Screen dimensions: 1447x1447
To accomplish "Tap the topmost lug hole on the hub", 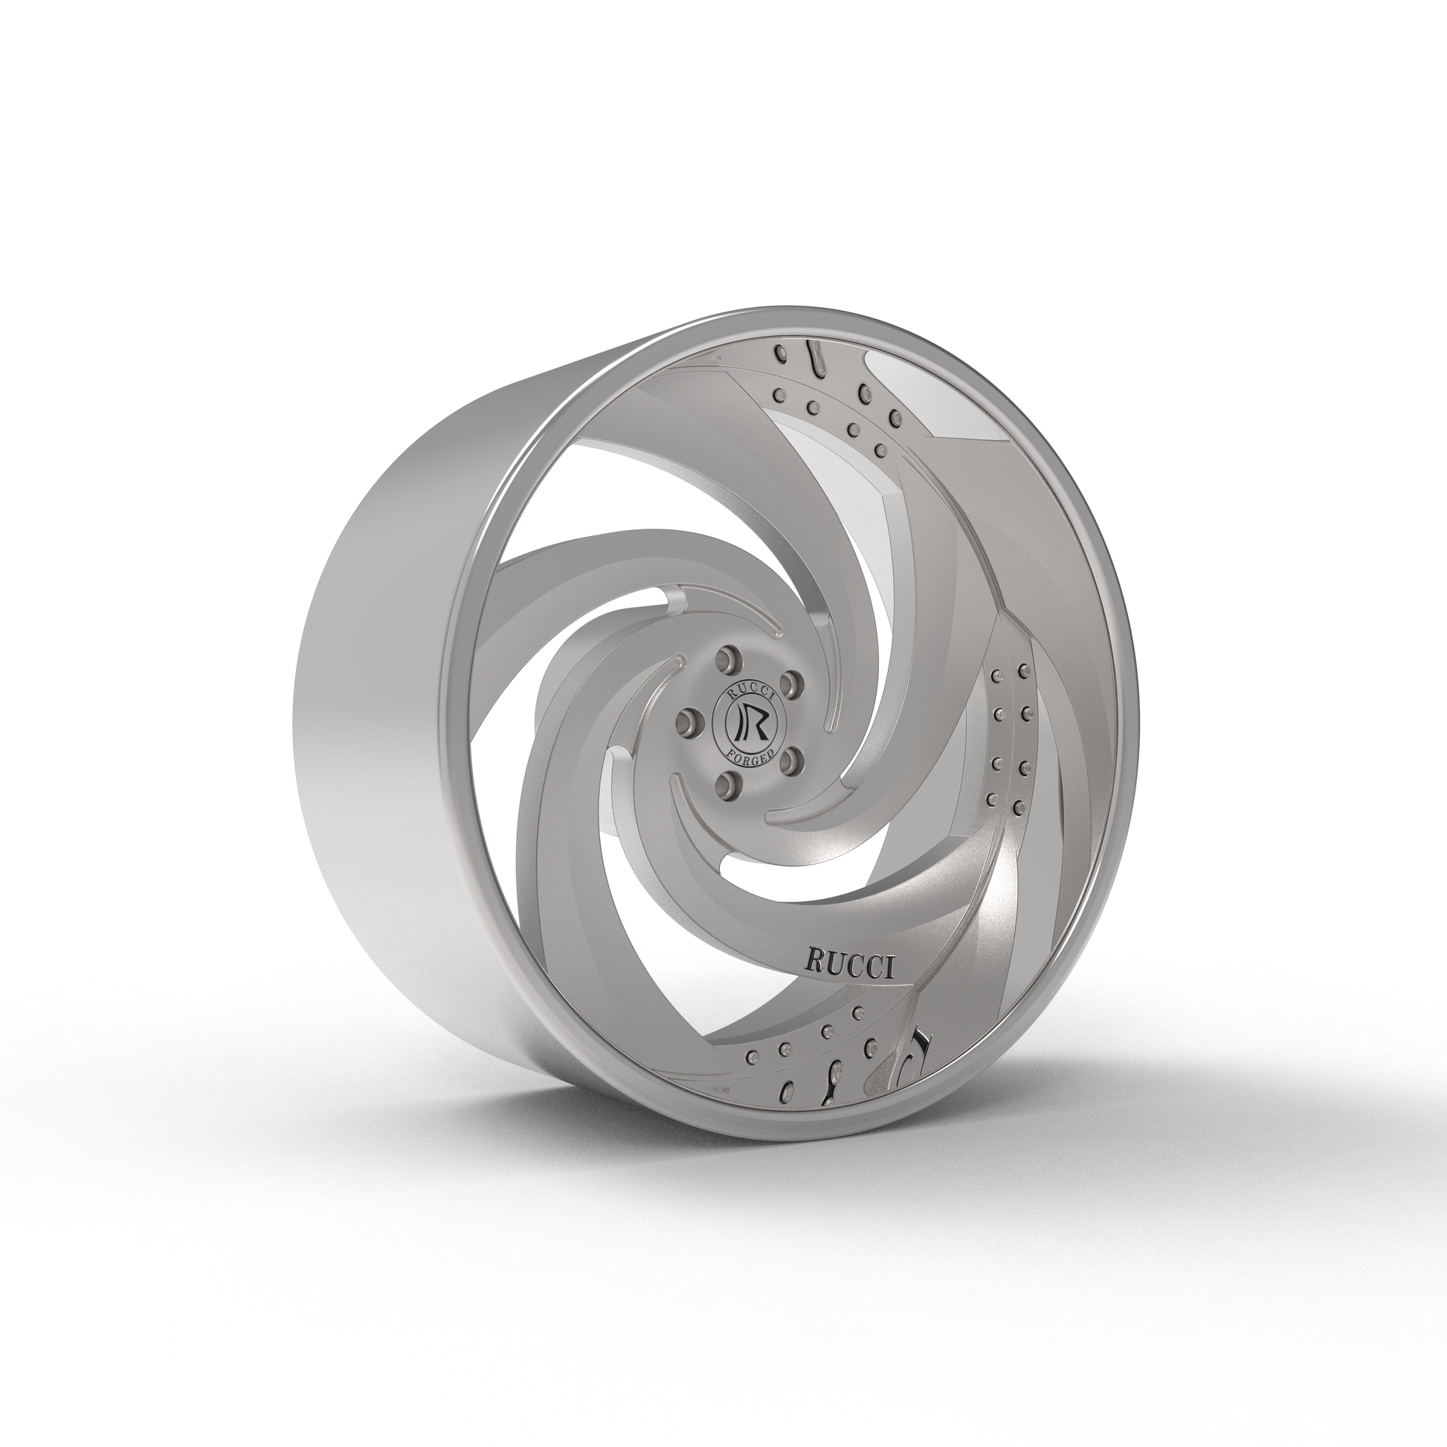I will coord(724,659).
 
